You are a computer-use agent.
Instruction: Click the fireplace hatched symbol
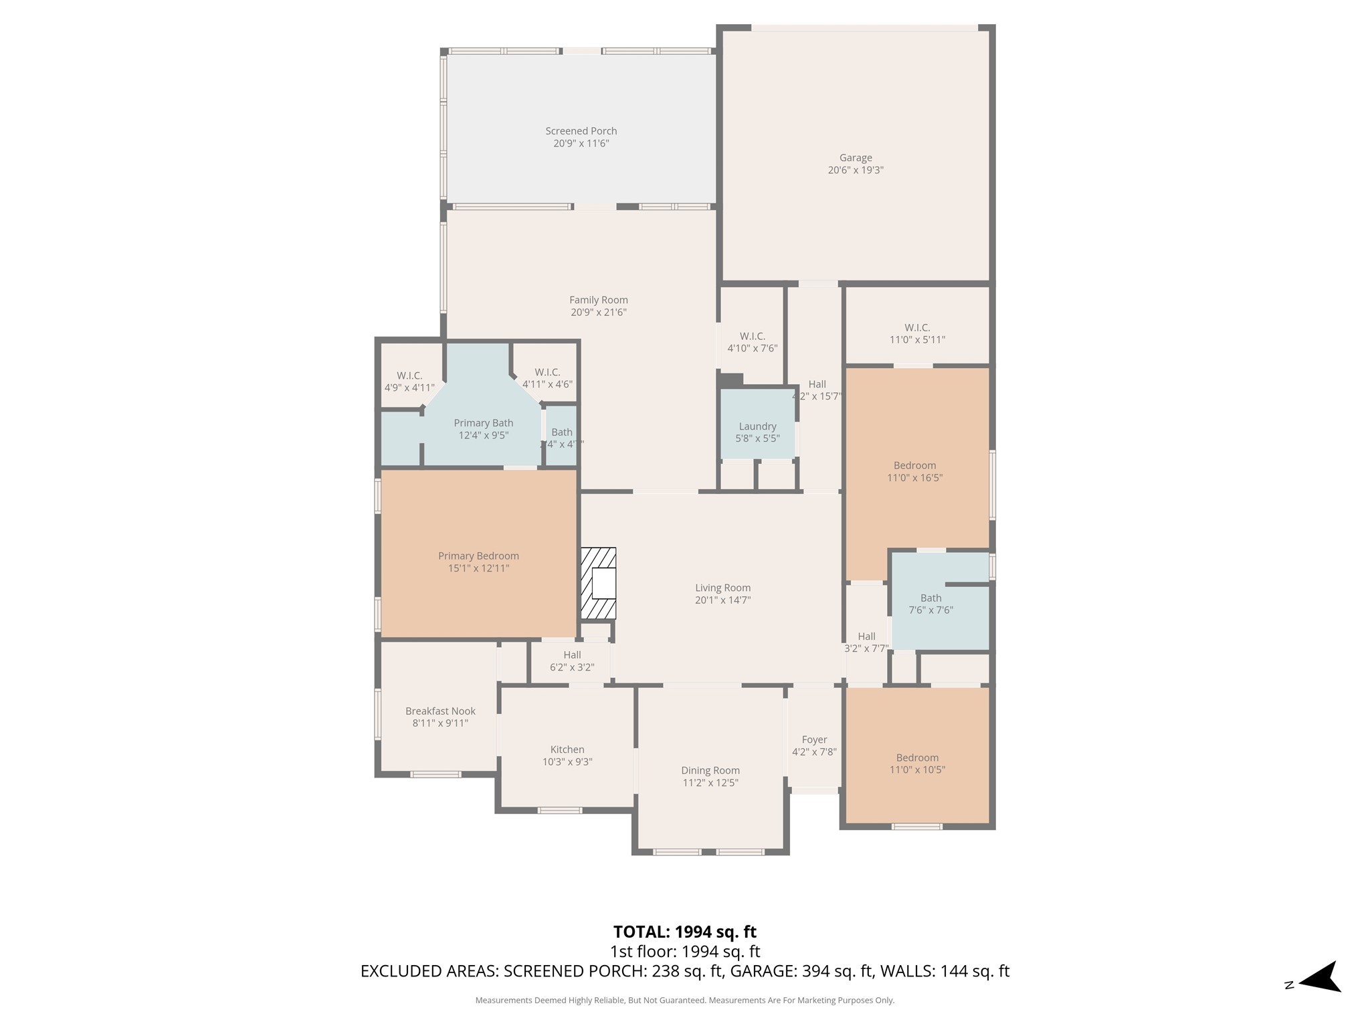pos(598,583)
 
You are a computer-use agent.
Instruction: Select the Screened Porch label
pos(581,131)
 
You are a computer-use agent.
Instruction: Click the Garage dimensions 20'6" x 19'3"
pos(856,170)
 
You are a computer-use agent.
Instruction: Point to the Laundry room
pos(757,432)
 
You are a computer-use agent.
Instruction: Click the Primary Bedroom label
pos(478,556)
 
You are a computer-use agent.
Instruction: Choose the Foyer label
pos(814,740)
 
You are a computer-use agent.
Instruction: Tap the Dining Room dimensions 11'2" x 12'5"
pos(710,783)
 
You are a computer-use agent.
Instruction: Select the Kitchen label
pos(567,750)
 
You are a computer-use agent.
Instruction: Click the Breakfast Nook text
pos(440,711)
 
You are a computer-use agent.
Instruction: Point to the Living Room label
pos(722,588)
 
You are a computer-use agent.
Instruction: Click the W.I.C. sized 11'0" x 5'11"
pos(917,333)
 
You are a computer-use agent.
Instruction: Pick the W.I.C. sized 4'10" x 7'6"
pos(752,342)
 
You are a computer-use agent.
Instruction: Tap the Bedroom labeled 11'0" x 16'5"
pos(914,471)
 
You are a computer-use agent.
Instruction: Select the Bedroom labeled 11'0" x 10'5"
pos(917,764)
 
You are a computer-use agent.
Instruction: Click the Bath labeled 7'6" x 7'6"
pos(931,604)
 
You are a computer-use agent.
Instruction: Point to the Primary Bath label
pos(483,423)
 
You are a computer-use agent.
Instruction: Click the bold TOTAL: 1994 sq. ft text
pos(684,932)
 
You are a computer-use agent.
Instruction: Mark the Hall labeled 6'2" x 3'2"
pos(572,661)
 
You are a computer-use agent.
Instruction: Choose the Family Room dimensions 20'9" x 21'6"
pos(598,313)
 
